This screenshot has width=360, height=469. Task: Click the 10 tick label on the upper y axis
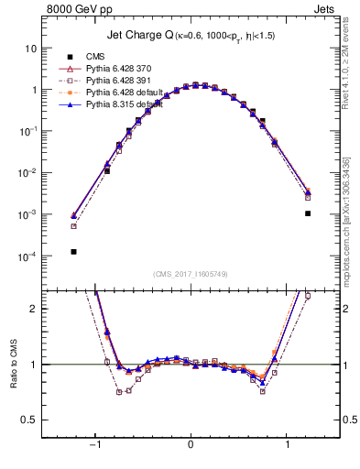pyautogui.click(x=32, y=48)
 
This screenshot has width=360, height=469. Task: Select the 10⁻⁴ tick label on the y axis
pyautogui.click(x=30, y=256)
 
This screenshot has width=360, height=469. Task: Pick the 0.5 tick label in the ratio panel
pyautogui.click(x=30, y=420)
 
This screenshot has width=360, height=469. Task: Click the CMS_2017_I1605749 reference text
pyautogui.click(x=191, y=274)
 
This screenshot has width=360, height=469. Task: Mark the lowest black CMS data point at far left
pyautogui.click(x=73, y=251)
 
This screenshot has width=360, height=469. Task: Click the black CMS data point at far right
pyautogui.click(x=308, y=213)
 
